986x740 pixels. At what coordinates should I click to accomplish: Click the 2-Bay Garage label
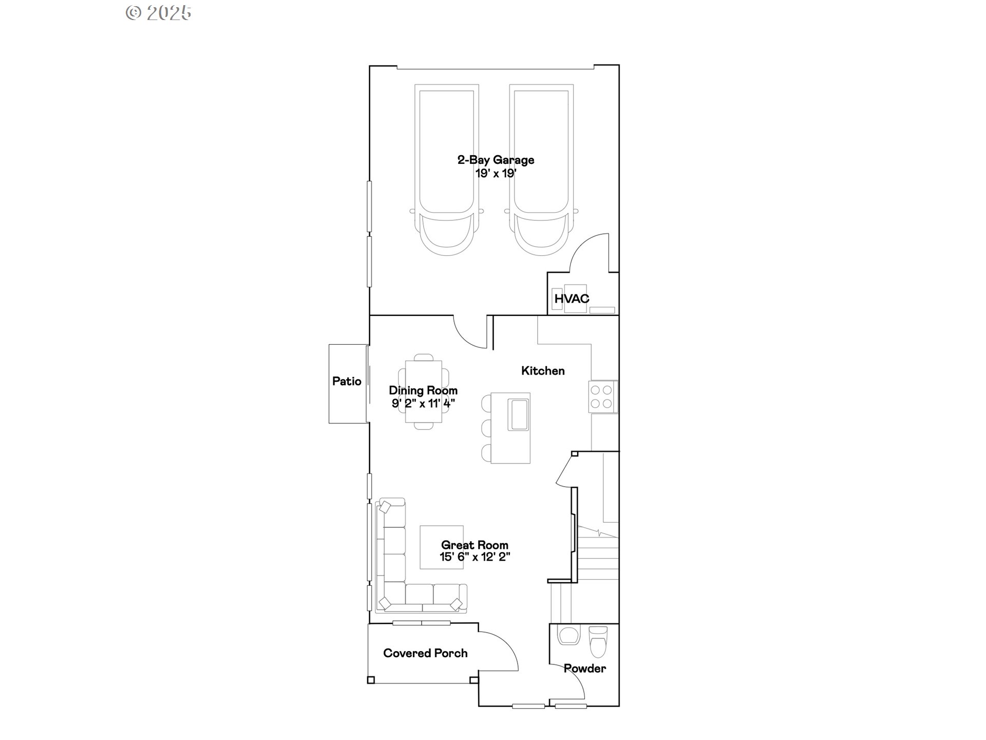click(496, 160)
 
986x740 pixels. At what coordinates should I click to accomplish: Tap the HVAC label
click(572, 299)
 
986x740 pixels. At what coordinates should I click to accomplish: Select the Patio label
click(347, 381)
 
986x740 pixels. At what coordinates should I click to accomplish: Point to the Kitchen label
click(543, 371)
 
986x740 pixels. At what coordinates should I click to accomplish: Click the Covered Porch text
click(425, 653)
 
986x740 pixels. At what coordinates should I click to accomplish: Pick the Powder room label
click(584, 669)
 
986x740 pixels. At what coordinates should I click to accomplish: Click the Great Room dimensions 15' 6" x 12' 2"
click(475, 557)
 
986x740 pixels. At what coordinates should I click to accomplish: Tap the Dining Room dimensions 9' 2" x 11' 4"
click(423, 403)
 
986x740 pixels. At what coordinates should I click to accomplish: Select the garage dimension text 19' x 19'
click(496, 173)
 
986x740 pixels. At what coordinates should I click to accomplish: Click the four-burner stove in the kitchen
click(603, 397)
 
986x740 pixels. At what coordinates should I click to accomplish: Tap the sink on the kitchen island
click(518, 414)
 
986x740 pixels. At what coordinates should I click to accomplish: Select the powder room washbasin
click(568, 636)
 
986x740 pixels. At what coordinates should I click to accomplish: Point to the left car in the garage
click(447, 170)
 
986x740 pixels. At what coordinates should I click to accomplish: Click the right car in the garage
click(541, 170)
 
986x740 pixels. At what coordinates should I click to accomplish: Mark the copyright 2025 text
click(159, 13)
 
